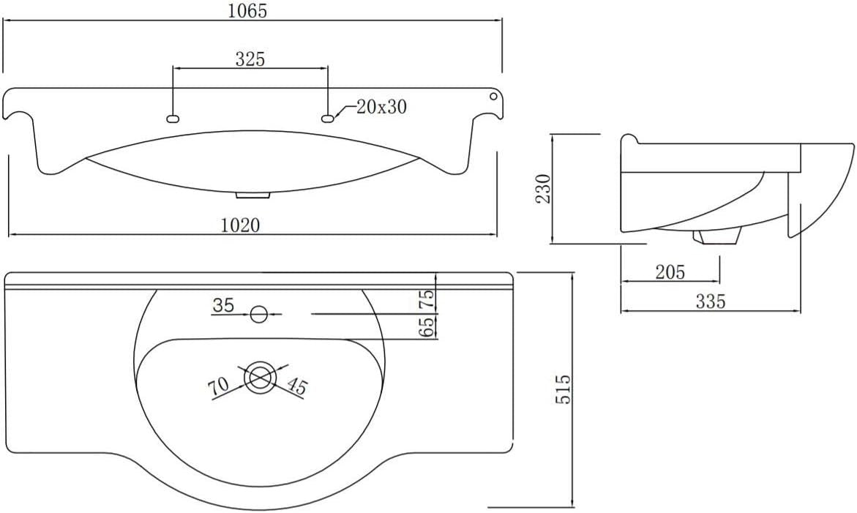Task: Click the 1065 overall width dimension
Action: [x=247, y=10]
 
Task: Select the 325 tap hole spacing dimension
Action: [x=250, y=59]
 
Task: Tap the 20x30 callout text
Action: [x=381, y=107]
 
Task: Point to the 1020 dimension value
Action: [x=241, y=225]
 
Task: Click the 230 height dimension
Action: [x=543, y=189]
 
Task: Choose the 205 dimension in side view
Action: [x=670, y=272]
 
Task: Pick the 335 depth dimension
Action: [x=710, y=301]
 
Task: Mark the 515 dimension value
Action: [x=563, y=389]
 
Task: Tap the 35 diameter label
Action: [x=223, y=305]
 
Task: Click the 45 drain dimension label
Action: [x=297, y=386]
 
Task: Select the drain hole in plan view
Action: [x=259, y=377]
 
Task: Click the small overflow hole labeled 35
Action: [x=258, y=314]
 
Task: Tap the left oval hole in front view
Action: [x=173, y=118]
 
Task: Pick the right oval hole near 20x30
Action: [x=328, y=118]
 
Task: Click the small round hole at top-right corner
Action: [x=493, y=97]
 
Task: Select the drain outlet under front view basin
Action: [x=253, y=195]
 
